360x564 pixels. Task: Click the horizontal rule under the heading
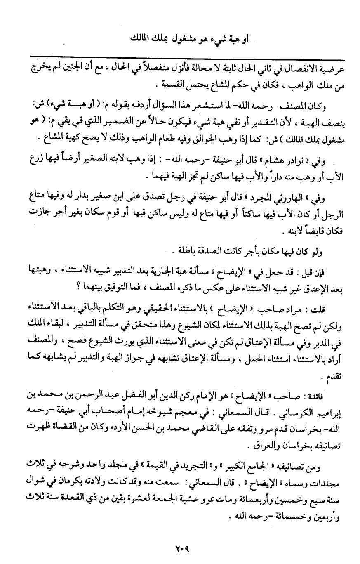[180, 54]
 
